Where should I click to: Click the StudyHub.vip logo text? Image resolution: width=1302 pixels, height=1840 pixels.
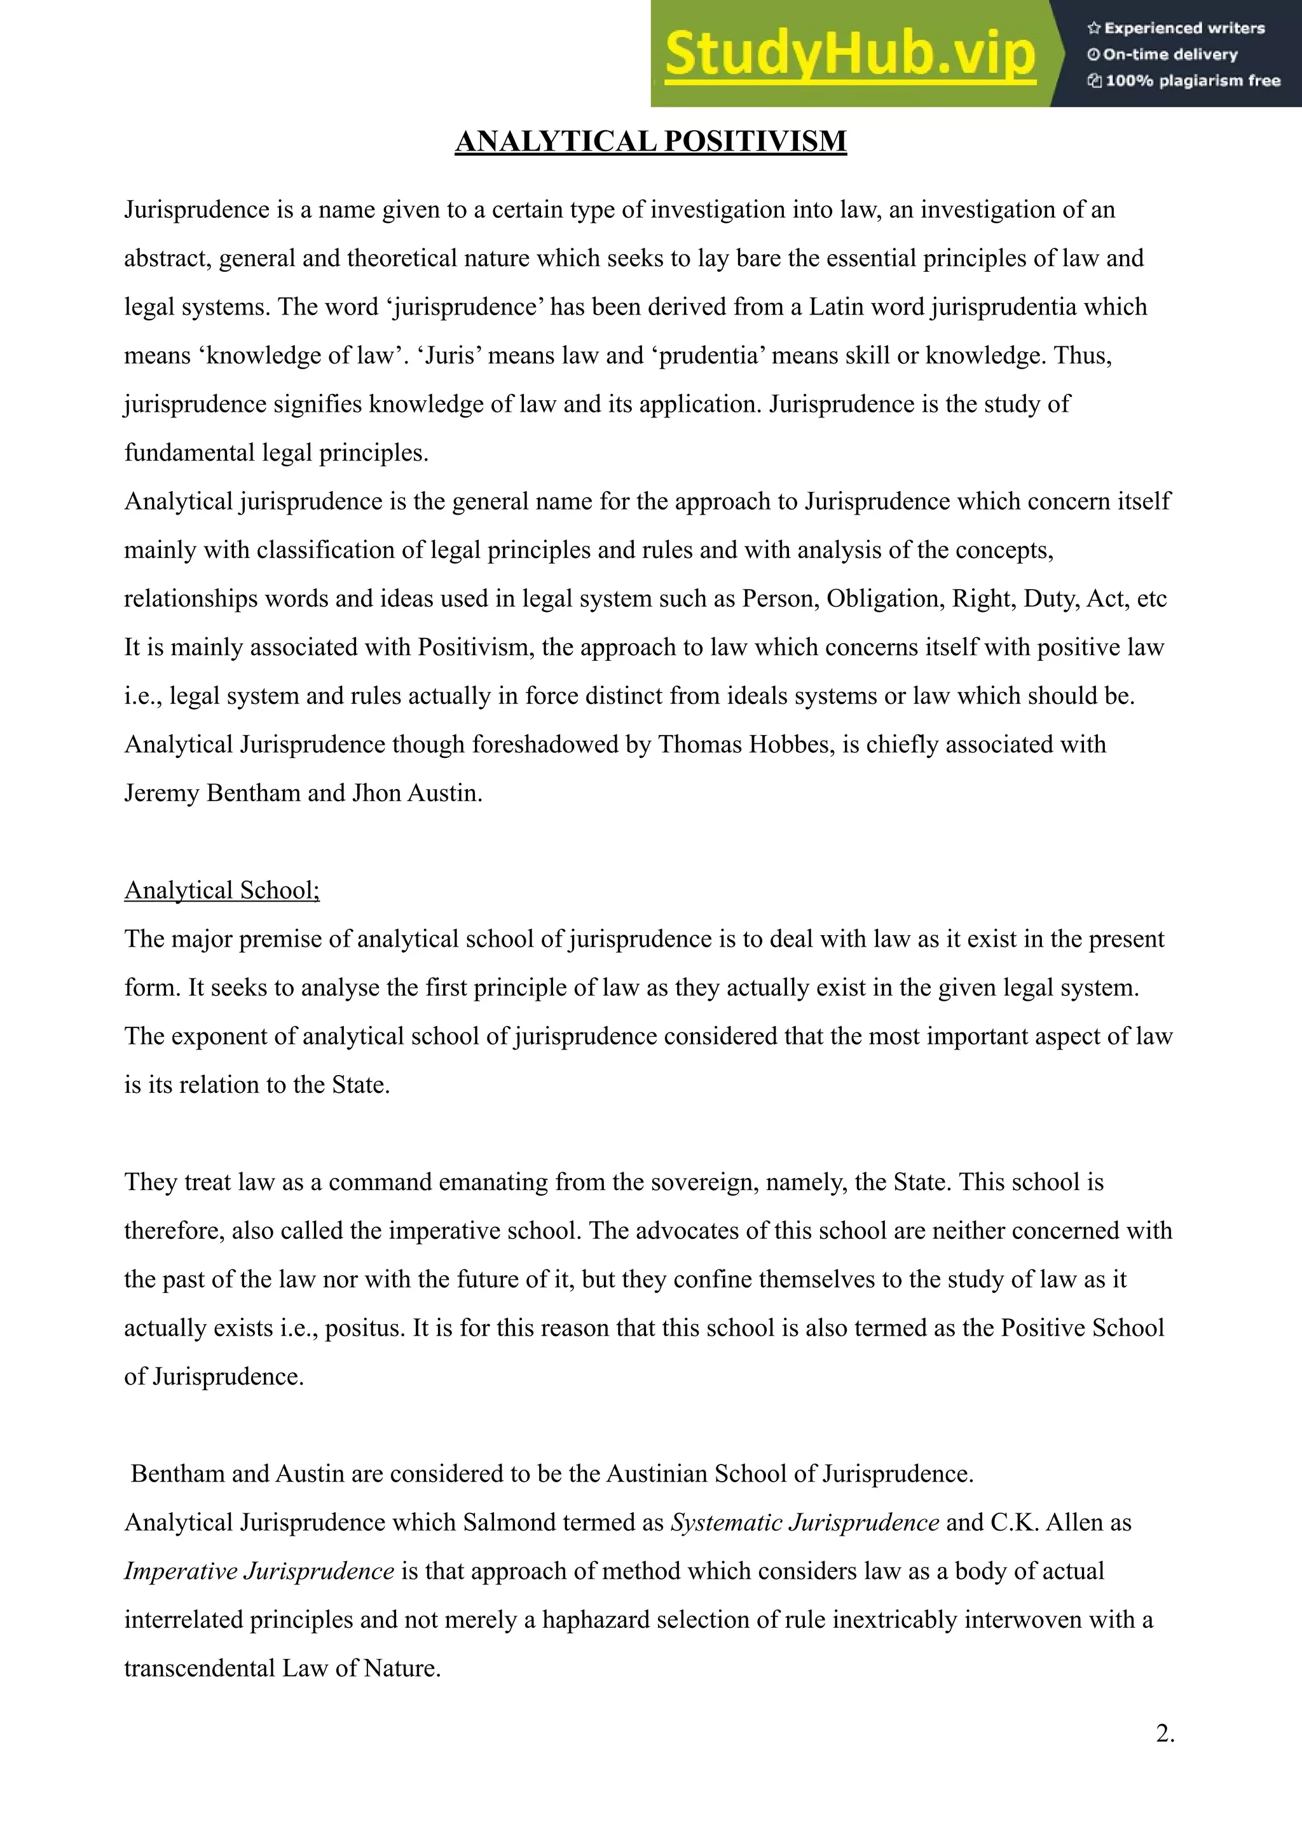[850, 55]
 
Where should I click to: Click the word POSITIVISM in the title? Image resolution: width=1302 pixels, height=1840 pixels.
[755, 141]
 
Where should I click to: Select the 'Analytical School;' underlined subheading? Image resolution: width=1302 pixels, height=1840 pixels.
[222, 890]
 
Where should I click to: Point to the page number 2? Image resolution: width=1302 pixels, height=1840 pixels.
[1165, 1733]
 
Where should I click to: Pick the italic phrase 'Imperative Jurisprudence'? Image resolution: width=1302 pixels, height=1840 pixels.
[259, 1571]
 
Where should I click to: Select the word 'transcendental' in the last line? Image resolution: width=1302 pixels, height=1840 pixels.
[200, 1668]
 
